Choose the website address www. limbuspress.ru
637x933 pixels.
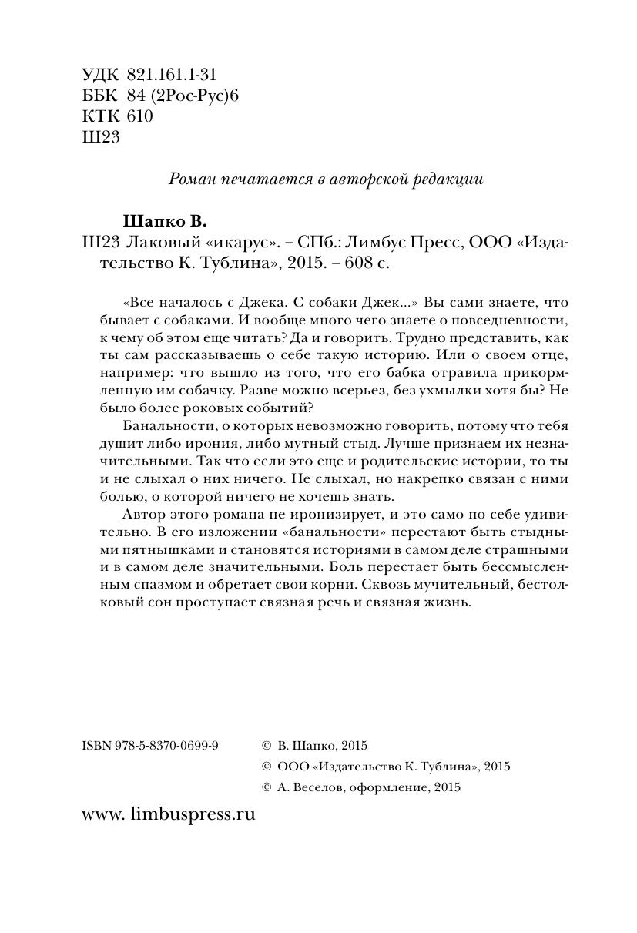tap(168, 814)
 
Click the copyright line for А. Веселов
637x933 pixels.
tap(360, 787)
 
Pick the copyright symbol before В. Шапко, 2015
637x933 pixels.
tap(267, 746)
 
